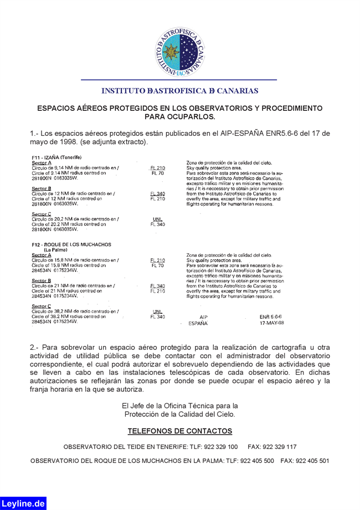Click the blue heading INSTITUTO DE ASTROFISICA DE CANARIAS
(180, 90)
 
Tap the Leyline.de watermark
(23, 503)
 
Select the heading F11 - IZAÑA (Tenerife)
(57, 157)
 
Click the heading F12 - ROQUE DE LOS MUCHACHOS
(71, 244)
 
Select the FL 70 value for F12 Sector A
(157, 266)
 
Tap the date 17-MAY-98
(271, 323)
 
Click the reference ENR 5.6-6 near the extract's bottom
(270, 317)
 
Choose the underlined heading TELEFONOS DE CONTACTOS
(180, 431)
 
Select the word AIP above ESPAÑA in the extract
(203, 317)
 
